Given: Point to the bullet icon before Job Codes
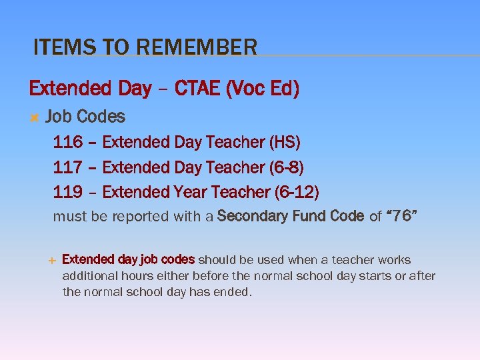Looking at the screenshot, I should click(x=33, y=117).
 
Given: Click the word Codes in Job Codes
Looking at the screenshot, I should click(x=101, y=117).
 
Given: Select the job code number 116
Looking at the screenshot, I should click(x=67, y=142).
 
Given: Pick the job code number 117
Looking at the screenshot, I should click(x=67, y=167).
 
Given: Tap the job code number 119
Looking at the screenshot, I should click(x=67, y=193).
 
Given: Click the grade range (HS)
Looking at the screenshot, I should click(x=285, y=142).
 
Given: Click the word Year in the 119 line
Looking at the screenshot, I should click(x=190, y=193).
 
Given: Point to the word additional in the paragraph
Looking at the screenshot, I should click(x=89, y=276).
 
